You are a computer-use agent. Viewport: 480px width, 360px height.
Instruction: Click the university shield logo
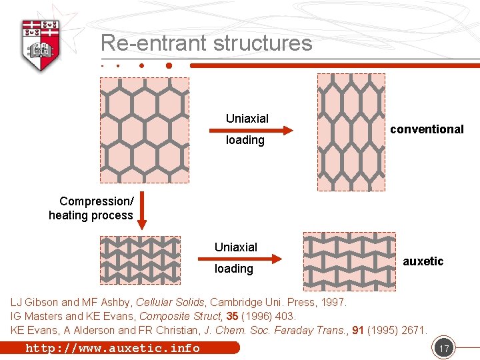(x=41, y=44)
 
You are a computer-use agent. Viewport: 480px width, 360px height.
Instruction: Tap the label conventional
(x=427, y=129)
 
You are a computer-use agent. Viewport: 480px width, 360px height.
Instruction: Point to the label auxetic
(x=423, y=261)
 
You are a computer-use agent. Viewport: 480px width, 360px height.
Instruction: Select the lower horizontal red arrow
(x=260, y=258)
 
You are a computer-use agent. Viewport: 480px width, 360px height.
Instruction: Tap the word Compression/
(x=96, y=201)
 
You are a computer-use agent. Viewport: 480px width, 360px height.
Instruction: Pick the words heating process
(x=91, y=215)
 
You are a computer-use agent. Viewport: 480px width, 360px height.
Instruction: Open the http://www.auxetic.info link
(x=113, y=348)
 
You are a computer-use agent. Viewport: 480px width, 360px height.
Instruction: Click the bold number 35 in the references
(x=232, y=316)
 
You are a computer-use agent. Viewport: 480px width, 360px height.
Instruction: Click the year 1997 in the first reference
(x=333, y=303)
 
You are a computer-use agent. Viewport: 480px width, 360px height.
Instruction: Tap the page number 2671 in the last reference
(x=413, y=330)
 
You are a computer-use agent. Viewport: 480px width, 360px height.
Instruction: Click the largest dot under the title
(x=169, y=66)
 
